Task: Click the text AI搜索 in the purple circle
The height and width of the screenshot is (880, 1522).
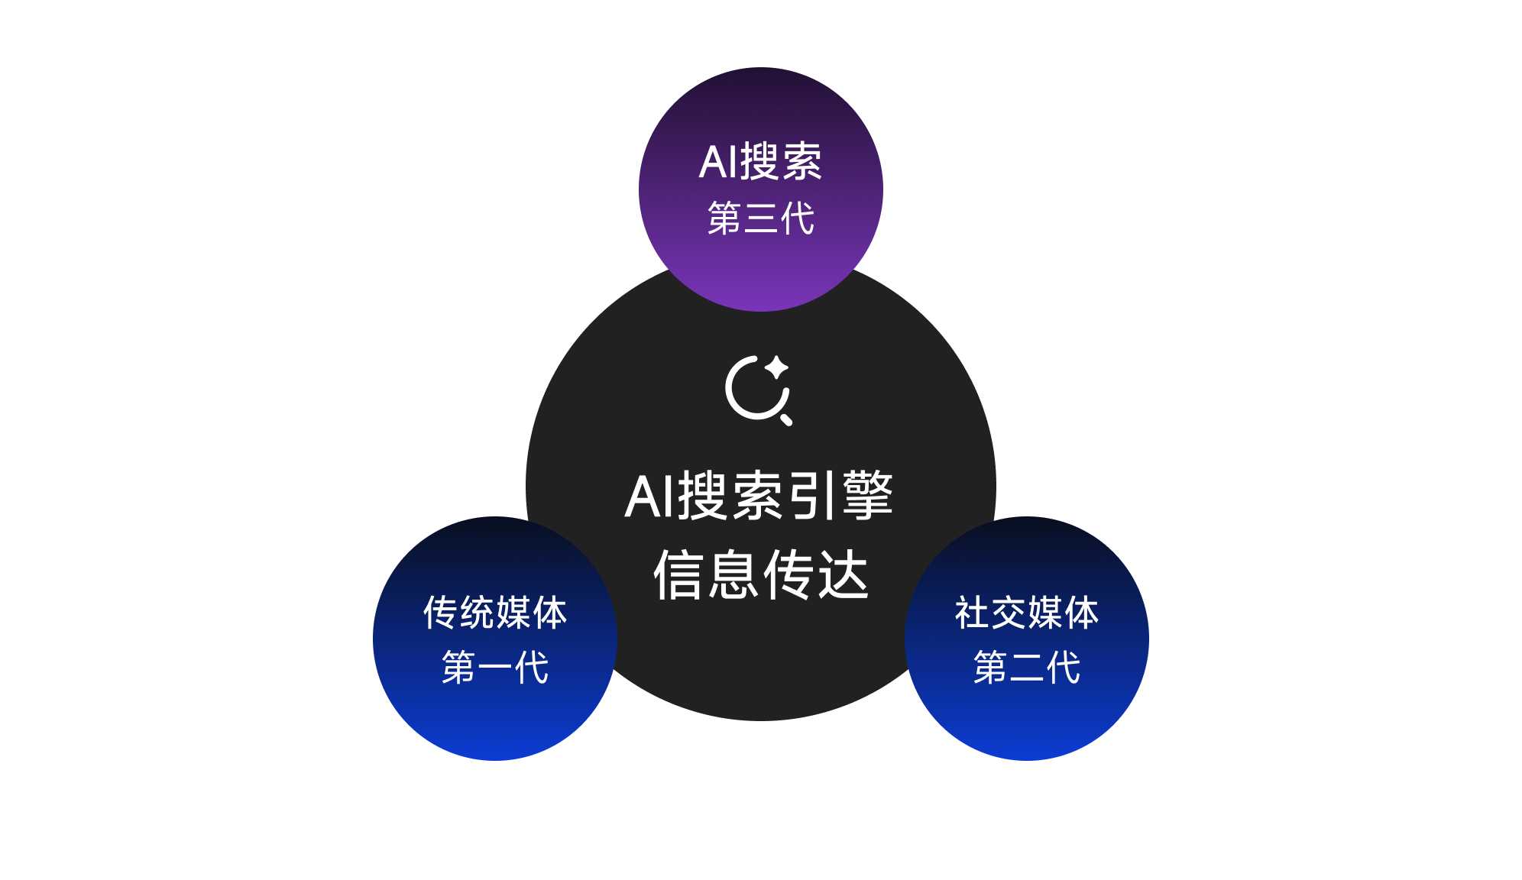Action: pyautogui.click(x=760, y=162)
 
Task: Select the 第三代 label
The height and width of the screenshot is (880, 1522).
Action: pyautogui.click(x=760, y=218)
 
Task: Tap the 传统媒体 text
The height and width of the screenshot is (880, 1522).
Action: pyautogui.click(x=495, y=613)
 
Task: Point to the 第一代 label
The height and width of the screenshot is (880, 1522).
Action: pyautogui.click(x=495, y=668)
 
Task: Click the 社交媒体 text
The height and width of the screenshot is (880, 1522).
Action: pyautogui.click(x=1026, y=613)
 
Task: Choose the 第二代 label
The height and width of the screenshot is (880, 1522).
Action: pyautogui.click(x=1026, y=668)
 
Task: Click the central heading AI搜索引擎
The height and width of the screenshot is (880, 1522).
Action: pyautogui.click(x=759, y=497)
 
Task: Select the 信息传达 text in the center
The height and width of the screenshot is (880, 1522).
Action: pyautogui.click(x=761, y=575)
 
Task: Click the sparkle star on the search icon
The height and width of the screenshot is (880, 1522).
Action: pyautogui.click(x=777, y=367)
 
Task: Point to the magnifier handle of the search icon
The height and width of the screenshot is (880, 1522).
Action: pyautogui.click(x=786, y=419)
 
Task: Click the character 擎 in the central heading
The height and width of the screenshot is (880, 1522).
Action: pyautogui.click(x=868, y=497)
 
